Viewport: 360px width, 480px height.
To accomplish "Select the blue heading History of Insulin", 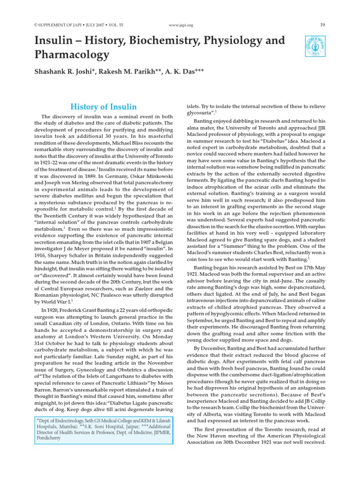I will point(104,107).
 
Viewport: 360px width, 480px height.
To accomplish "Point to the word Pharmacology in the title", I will point(72,55).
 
